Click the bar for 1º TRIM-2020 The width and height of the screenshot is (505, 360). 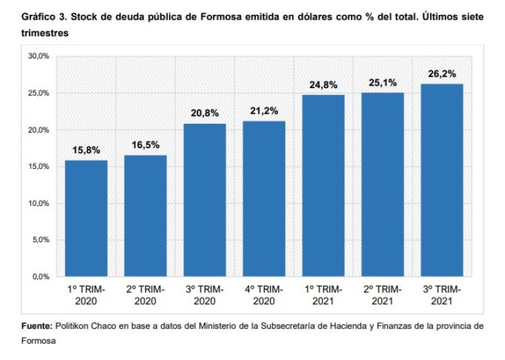click(x=86, y=218)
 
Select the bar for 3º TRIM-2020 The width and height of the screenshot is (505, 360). click(x=205, y=200)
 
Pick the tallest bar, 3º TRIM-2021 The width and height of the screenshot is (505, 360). click(x=442, y=180)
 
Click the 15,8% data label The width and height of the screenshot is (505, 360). click(x=86, y=150)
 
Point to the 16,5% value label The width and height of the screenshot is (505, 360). click(x=145, y=145)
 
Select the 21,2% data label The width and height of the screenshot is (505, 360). click(x=264, y=111)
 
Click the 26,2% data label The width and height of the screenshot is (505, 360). click(x=442, y=74)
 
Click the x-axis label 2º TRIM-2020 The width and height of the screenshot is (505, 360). click(x=145, y=293)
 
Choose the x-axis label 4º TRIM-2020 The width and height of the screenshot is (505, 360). click(x=264, y=293)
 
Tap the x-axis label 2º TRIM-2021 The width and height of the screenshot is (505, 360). click(x=382, y=293)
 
